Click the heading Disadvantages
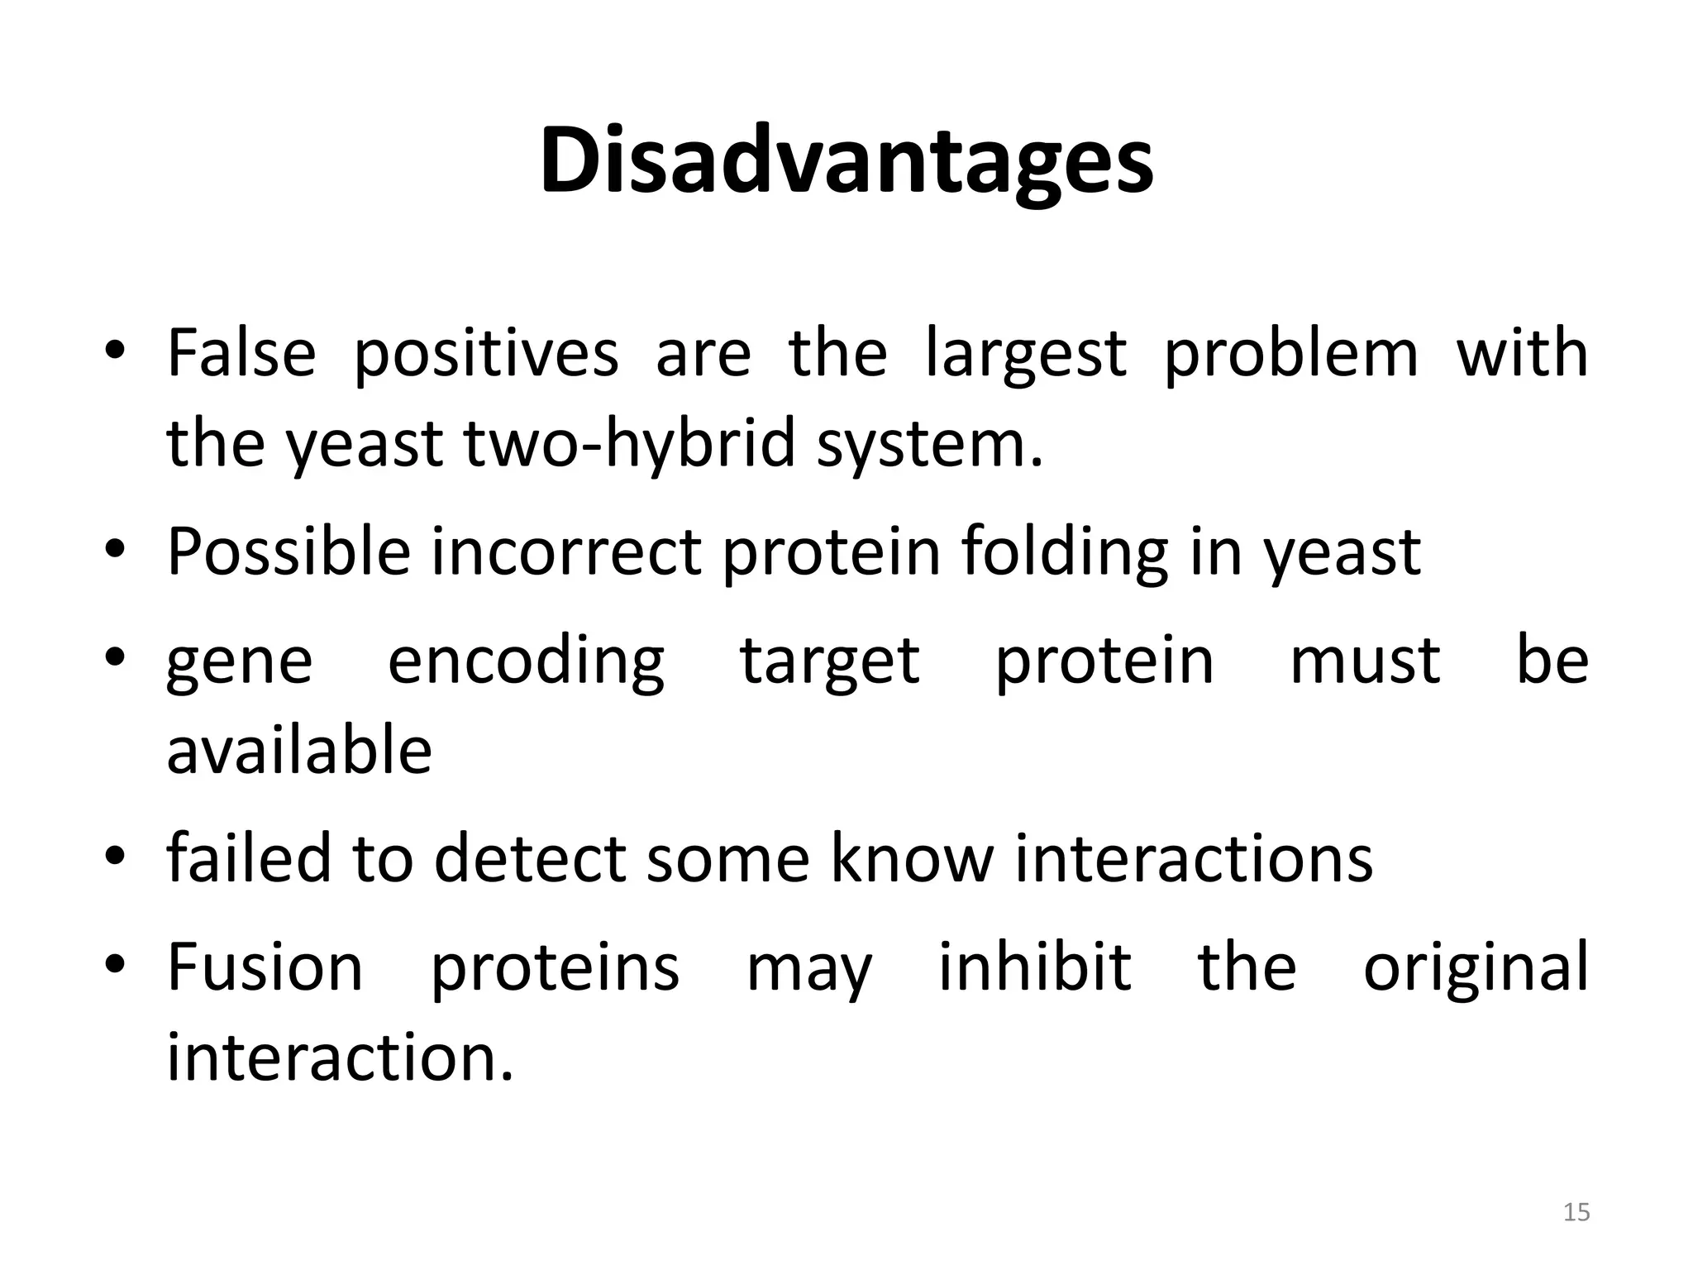pos(846,160)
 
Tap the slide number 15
pos(1576,1212)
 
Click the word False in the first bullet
pos(241,354)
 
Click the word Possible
pos(289,551)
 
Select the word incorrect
pos(566,551)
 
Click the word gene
pos(240,663)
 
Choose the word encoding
pos(526,663)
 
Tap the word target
pos(829,663)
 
